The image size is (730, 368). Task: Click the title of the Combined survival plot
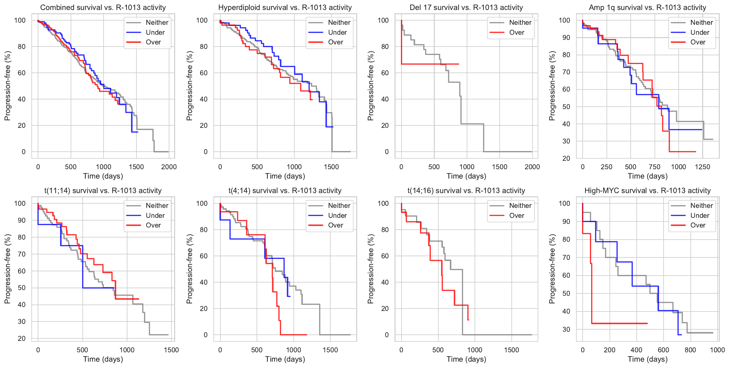tap(103, 8)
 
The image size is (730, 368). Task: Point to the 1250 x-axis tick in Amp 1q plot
tap(703, 167)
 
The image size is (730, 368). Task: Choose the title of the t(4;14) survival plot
tap(285, 191)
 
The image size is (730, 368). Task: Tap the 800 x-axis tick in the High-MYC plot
tap(690, 350)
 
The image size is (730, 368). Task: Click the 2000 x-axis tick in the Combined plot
tap(169, 167)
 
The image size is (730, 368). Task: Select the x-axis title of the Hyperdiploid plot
tap(285, 176)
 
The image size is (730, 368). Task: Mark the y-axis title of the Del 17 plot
tap(370, 86)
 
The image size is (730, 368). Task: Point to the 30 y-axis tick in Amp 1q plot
tap(566, 141)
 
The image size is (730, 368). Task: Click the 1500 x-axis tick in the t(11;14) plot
tap(171, 350)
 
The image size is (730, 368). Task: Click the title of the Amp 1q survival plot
tap(647, 8)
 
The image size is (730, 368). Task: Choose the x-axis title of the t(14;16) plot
tap(466, 359)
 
